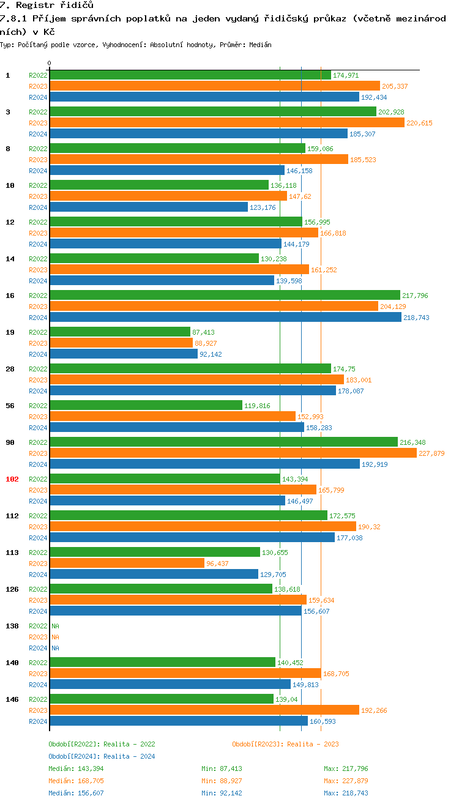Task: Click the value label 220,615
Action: (419, 123)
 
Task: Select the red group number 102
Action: (12, 479)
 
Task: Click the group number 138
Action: (12, 626)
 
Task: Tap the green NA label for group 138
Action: (55, 626)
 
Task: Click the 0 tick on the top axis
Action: (50, 63)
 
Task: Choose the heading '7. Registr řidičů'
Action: (47, 6)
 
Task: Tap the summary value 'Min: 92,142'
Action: (222, 793)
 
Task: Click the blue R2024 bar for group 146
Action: (178, 721)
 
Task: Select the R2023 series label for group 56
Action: (38, 417)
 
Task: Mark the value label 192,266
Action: (374, 710)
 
